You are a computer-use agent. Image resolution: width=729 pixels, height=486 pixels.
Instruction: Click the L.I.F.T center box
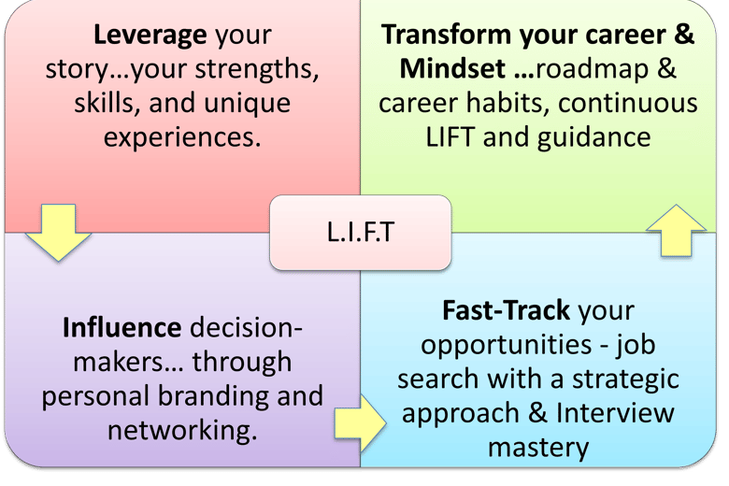pyautogui.click(x=361, y=232)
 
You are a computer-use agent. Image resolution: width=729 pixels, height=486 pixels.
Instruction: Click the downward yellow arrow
pyautogui.click(x=58, y=232)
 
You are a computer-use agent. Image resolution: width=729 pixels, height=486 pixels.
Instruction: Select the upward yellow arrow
pyautogui.click(x=676, y=230)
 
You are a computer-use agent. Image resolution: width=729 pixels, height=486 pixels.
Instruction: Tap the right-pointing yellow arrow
pyautogui.click(x=361, y=423)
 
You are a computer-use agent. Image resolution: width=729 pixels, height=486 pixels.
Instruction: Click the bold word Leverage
pyautogui.click(x=150, y=36)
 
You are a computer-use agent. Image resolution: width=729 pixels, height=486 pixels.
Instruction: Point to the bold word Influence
pyautogui.click(x=121, y=327)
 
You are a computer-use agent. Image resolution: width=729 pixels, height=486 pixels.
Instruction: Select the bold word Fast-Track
pyautogui.click(x=506, y=310)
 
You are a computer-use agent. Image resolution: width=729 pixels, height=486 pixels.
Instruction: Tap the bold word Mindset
pyautogui.click(x=452, y=69)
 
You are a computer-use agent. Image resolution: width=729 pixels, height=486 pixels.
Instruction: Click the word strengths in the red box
pyautogui.click(x=257, y=70)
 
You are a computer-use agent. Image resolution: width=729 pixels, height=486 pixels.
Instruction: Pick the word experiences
pyautogui.click(x=182, y=138)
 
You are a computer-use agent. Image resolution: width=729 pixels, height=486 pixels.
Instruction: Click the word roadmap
pyautogui.click(x=593, y=70)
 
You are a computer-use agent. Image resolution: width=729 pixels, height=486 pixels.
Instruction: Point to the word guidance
pyautogui.click(x=593, y=138)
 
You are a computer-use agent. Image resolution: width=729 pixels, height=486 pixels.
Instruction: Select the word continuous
pyautogui.click(x=628, y=102)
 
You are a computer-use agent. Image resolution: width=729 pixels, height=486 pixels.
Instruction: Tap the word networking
pyautogui.click(x=182, y=431)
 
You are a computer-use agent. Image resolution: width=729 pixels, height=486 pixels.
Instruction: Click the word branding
pyautogui.click(x=213, y=396)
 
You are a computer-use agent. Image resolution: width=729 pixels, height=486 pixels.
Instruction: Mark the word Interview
pyautogui.click(x=615, y=413)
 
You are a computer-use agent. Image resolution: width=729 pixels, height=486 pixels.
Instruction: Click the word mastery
pyautogui.click(x=538, y=449)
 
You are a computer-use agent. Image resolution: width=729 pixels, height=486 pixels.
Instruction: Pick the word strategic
pyautogui.click(x=625, y=379)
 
